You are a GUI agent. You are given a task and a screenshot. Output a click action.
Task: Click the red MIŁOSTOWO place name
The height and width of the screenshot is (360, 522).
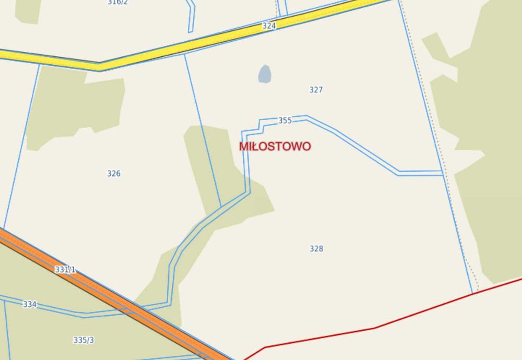click(275, 146)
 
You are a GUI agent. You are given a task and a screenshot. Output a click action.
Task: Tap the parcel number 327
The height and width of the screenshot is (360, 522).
click(316, 90)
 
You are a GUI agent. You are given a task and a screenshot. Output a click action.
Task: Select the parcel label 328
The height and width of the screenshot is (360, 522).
click(316, 249)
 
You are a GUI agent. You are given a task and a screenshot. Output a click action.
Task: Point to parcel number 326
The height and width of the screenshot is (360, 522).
click(114, 174)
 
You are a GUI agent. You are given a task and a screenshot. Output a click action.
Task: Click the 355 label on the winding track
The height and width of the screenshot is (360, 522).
click(285, 121)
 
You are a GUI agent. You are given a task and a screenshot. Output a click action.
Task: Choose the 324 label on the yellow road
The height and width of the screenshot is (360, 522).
click(269, 25)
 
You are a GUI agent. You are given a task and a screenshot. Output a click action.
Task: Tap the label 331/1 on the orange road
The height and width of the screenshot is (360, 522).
click(65, 270)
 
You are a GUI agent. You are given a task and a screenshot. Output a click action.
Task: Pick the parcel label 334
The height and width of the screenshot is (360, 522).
click(30, 304)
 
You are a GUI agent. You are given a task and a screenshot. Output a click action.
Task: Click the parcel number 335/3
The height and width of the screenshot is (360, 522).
click(84, 340)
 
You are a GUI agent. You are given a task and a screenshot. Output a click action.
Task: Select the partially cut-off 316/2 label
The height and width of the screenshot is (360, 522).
click(117, 3)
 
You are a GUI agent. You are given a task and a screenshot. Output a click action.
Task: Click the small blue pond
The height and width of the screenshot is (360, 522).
click(265, 74)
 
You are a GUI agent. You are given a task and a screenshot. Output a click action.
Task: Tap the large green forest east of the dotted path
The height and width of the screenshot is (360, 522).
click(491, 157)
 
